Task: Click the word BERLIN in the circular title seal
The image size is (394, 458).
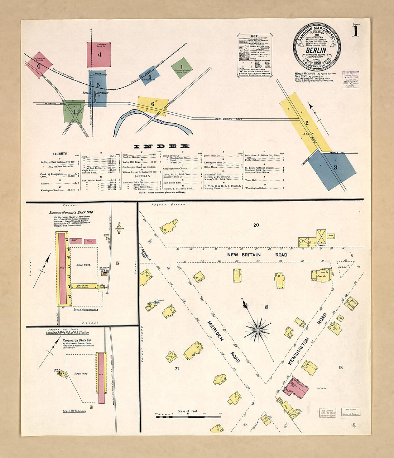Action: [316, 50]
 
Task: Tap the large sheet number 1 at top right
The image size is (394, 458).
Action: [355, 31]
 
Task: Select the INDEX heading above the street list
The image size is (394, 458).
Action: [161, 146]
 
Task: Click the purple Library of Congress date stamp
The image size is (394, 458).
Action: [351, 79]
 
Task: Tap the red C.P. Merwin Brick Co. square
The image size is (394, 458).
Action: [99, 54]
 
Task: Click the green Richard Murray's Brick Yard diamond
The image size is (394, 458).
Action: [182, 68]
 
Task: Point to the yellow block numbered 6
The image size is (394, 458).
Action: [153, 104]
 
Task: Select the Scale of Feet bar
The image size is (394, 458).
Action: [188, 416]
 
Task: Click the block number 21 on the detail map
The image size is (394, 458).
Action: [177, 369]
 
